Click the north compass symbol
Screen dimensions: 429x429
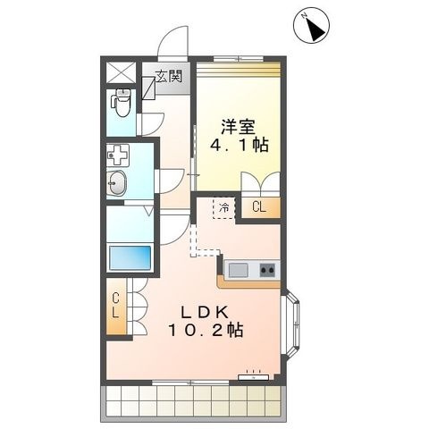click(x=311, y=26)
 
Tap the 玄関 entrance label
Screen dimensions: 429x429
click(x=169, y=77)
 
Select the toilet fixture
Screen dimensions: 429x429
click(x=121, y=103)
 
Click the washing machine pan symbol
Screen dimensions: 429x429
click(x=118, y=156)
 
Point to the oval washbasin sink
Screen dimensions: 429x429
click(x=116, y=183)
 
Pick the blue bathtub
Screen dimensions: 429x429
click(x=130, y=258)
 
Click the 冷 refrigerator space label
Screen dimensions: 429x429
click(x=224, y=207)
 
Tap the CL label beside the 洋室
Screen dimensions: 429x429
click(x=259, y=207)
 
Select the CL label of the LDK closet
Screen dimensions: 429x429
click(x=115, y=305)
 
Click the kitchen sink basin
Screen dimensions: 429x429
click(x=238, y=270)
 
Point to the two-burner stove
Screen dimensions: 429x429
click(x=267, y=270)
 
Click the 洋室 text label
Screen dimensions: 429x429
click(x=238, y=127)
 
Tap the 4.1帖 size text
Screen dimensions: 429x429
click(x=240, y=145)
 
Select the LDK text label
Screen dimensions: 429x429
click(x=206, y=312)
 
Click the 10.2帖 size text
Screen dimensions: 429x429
click(x=206, y=330)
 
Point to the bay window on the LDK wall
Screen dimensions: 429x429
click(x=290, y=321)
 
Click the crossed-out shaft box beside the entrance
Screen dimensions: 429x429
click(x=121, y=72)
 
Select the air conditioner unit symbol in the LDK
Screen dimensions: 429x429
click(x=254, y=376)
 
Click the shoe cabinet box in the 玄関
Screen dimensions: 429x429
click(x=148, y=88)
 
